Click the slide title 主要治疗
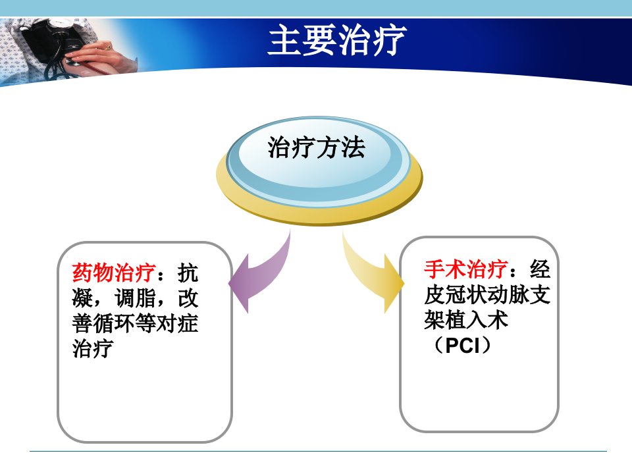tap(337, 39)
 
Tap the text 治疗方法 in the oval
tap(317, 147)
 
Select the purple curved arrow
tap(260, 274)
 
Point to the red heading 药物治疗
tap(114, 273)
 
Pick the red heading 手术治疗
tap(466, 269)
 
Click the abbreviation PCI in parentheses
tap(463, 346)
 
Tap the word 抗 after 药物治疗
tap(188, 273)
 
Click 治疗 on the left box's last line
tap(93, 348)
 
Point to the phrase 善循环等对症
tap(135, 323)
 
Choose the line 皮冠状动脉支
tap(487, 295)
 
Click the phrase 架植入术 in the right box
tap(466, 320)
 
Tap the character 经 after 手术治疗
tap(540, 269)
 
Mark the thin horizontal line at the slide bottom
tap(318, 451)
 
